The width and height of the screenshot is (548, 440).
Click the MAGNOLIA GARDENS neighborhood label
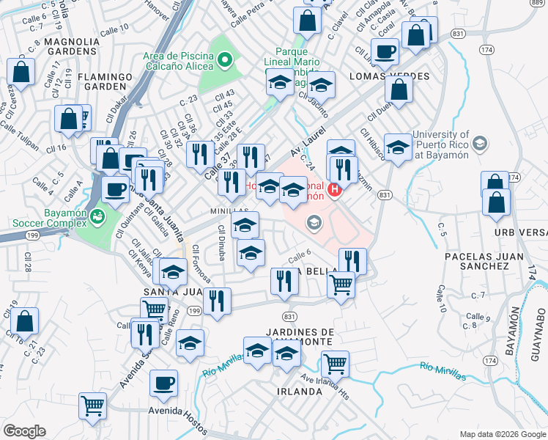72,47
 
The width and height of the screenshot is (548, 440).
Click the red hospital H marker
336,191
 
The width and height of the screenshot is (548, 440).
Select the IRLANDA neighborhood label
300,391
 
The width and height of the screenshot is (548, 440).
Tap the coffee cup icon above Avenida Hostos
163,383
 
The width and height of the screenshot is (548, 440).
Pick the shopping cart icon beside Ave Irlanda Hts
335,363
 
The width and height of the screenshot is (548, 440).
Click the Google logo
24,431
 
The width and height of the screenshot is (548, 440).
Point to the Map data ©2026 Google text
502,434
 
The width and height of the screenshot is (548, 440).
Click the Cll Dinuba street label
221,243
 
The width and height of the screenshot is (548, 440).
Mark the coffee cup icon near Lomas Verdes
385,52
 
